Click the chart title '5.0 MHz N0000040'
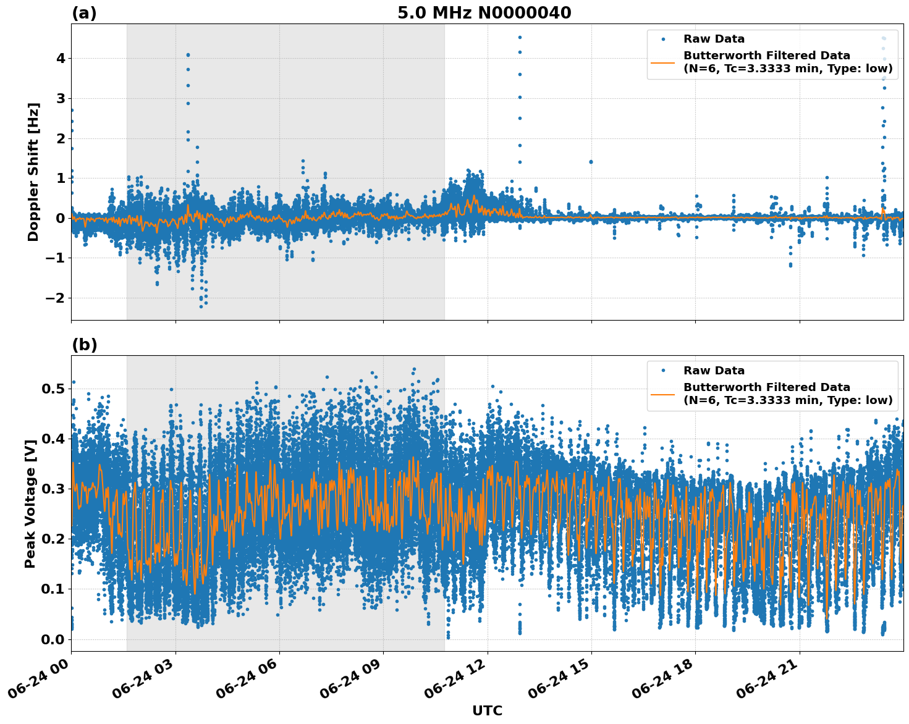click(x=484, y=13)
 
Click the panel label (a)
click(x=84, y=13)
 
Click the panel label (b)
click(x=84, y=345)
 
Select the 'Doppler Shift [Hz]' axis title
click(x=33, y=172)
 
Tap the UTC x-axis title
click(x=487, y=710)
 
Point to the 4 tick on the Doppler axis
click(x=61, y=59)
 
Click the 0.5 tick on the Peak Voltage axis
click(x=53, y=389)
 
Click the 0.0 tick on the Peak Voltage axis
click(x=53, y=639)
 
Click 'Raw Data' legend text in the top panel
click(x=714, y=39)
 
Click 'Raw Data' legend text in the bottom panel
click(x=714, y=371)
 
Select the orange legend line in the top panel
click(x=663, y=62)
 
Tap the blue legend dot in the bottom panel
click(x=663, y=371)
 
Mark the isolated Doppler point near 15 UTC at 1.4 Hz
click(x=591, y=162)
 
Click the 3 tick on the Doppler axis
click(x=61, y=98)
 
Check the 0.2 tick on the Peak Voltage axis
click(x=53, y=539)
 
